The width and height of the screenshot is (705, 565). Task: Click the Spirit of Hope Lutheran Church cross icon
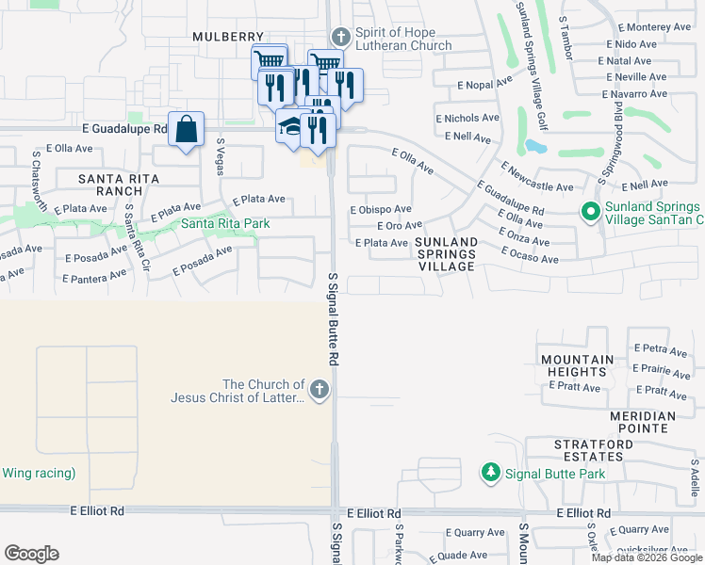pyautogui.click(x=340, y=38)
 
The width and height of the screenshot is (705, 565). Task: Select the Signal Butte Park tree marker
pyautogui.click(x=490, y=473)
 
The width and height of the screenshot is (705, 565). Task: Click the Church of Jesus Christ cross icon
pyautogui.click(x=320, y=390)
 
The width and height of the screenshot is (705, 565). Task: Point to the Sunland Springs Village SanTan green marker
pyautogui.click(x=591, y=213)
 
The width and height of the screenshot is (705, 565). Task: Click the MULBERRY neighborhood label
pyautogui.click(x=224, y=37)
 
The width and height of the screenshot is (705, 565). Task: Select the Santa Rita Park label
pyautogui.click(x=225, y=223)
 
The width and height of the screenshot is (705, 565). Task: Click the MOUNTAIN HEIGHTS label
pyautogui.click(x=578, y=366)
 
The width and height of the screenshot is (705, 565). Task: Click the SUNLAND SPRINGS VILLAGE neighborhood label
pyautogui.click(x=446, y=254)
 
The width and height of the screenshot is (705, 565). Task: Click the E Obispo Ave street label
pyautogui.click(x=381, y=209)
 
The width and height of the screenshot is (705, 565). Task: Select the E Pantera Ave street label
pyautogui.click(x=95, y=277)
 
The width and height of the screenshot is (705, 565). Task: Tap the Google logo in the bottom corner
pyautogui.click(x=31, y=554)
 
